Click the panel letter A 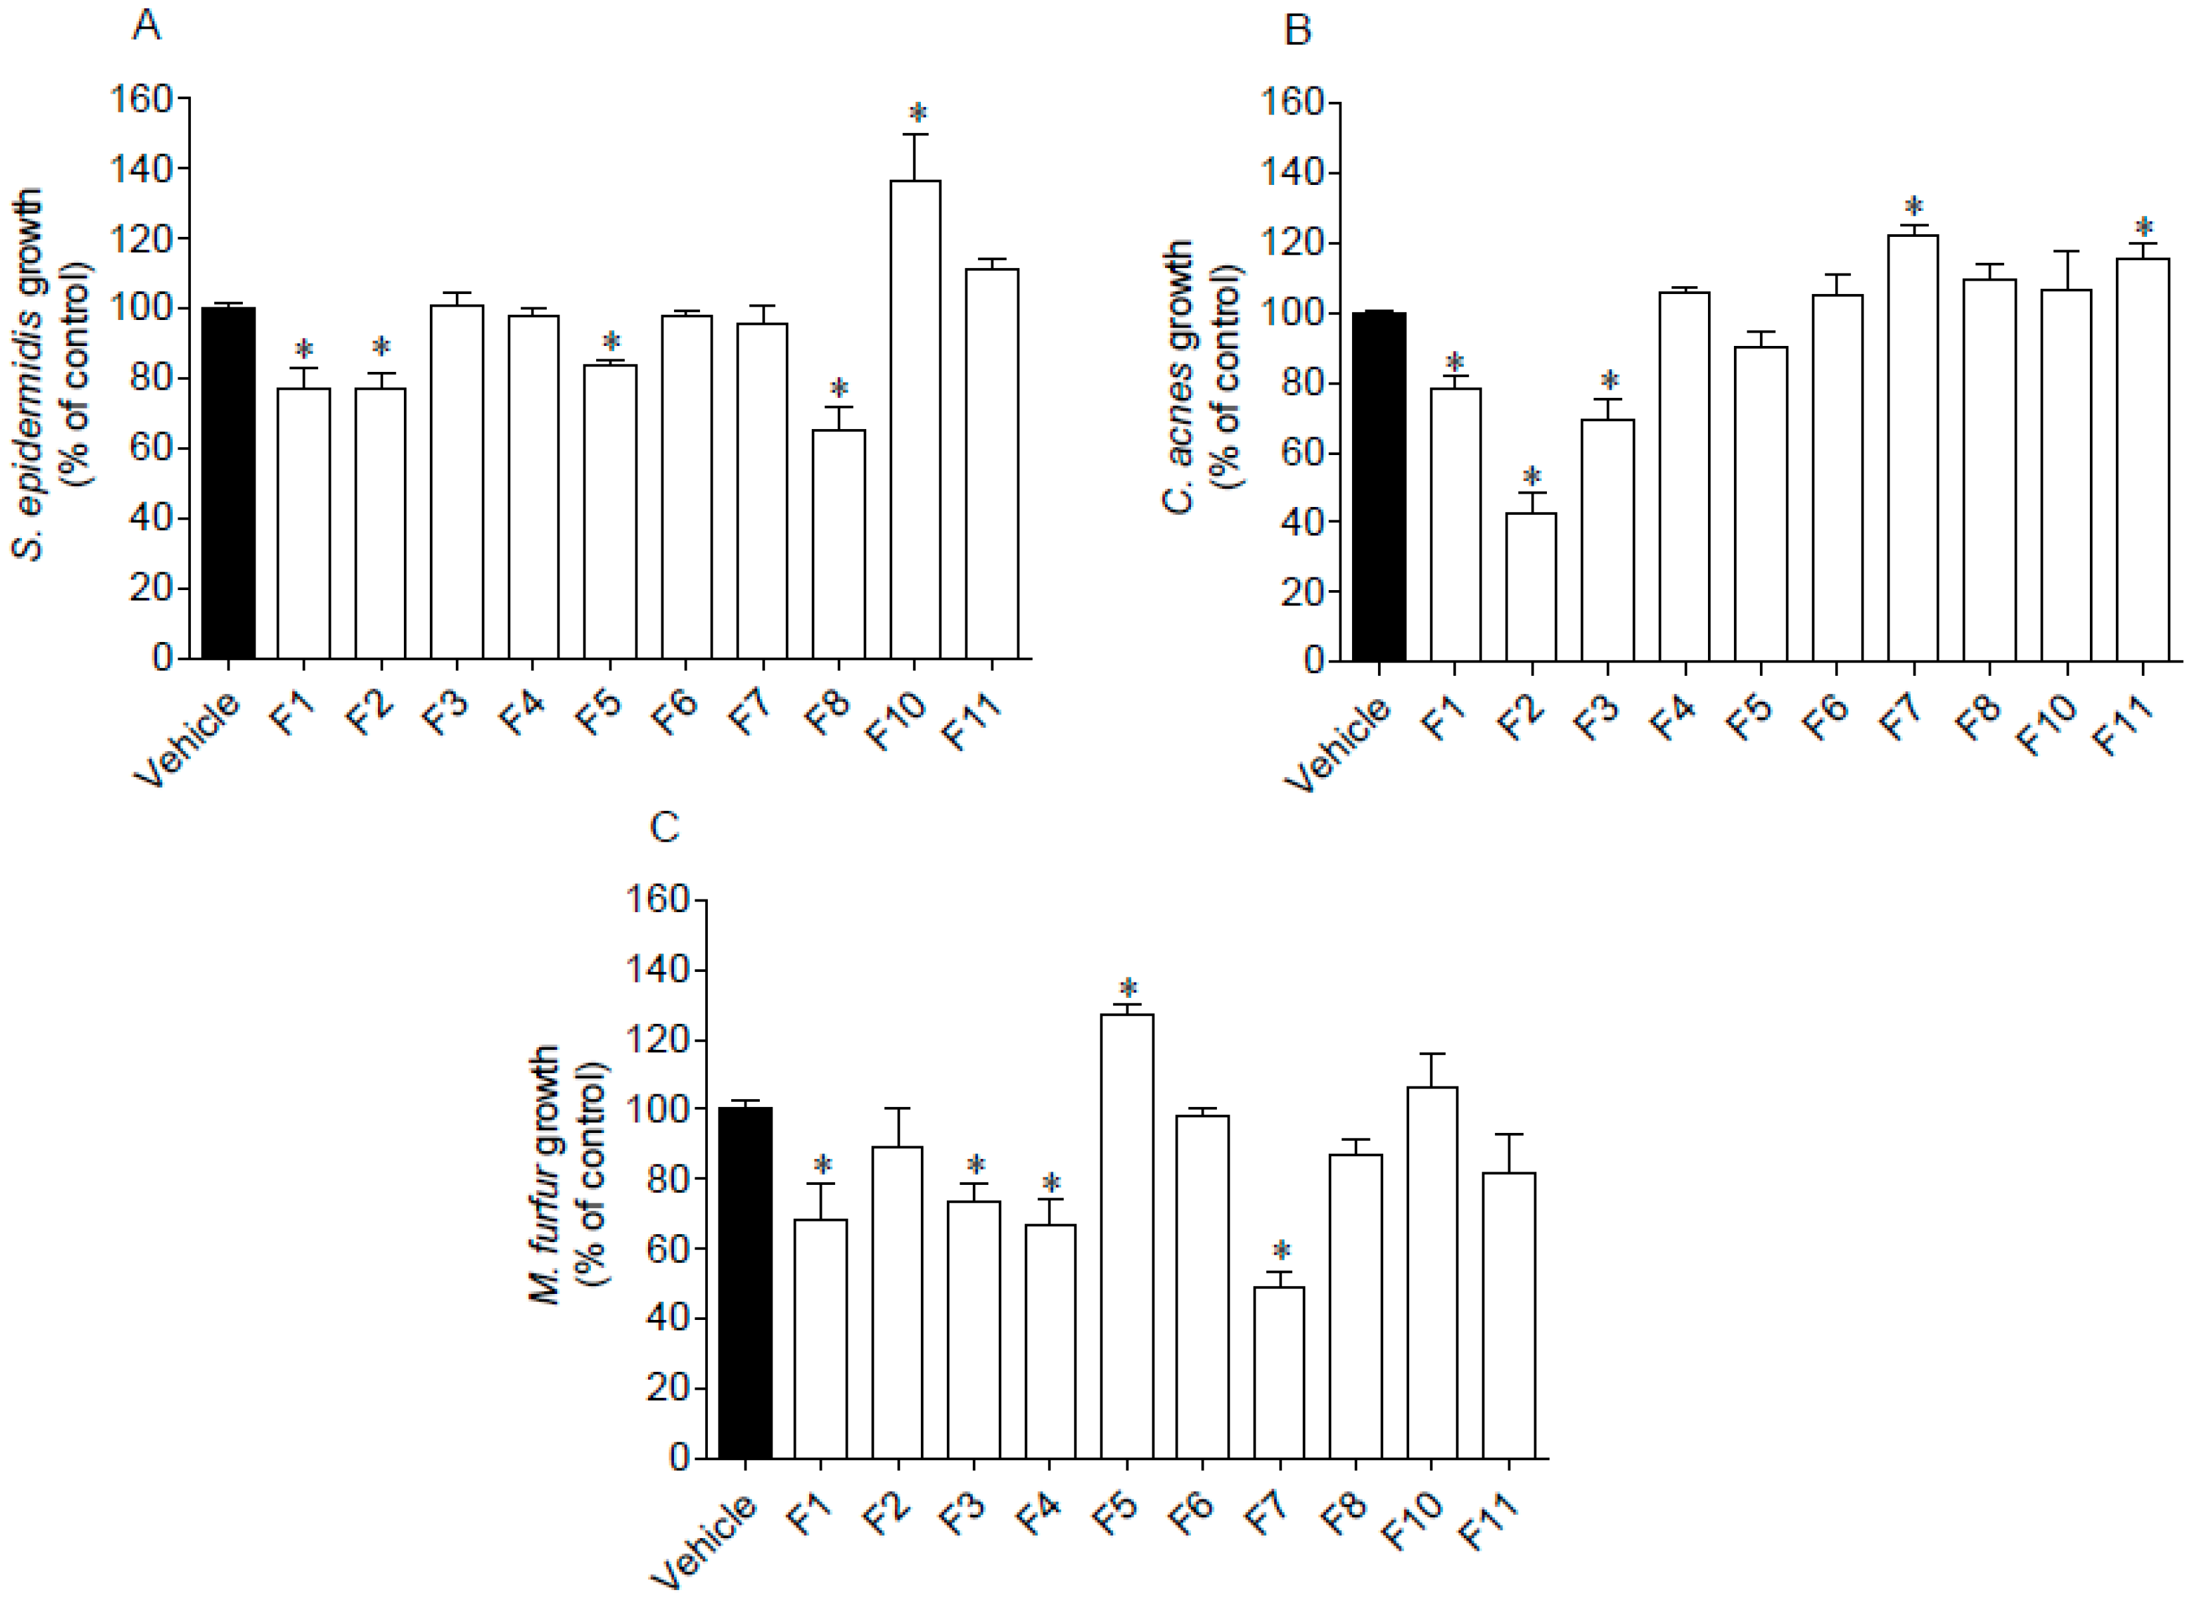146,26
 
